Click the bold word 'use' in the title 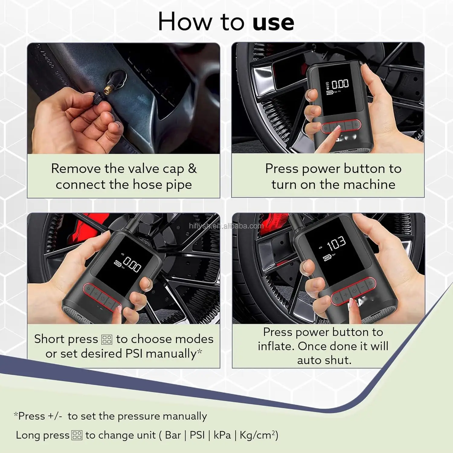[x=273, y=23]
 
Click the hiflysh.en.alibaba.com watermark [x=226, y=226]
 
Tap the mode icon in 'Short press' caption [x=107, y=339]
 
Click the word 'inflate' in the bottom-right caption [x=276, y=346]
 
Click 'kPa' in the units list [x=222, y=435]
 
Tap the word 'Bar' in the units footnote [x=173, y=435]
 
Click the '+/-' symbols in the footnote [x=55, y=416]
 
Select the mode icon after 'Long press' [x=77, y=435]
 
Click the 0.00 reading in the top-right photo [x=340, y=84]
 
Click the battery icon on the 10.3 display [x=327, y=258]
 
